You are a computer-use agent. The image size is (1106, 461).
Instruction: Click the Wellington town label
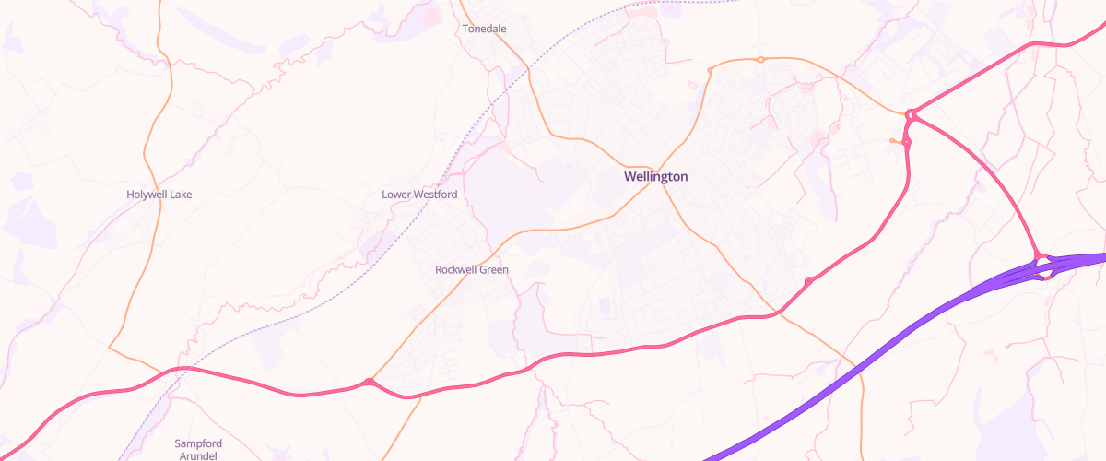pyautogui.click(x=655, y=176)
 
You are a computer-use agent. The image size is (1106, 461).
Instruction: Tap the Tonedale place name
pyautogui.click(x=484, y=29)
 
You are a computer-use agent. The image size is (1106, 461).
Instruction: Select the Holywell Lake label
pyautogui.click(x=159, y=195)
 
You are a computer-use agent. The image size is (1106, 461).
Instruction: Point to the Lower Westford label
pyautogui.click(x=419, y=195)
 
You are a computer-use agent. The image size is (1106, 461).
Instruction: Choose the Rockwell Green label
pyautogui.click(x=472, y=270)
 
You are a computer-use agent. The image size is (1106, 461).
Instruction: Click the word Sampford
pyautogui.click(x=198, y=443)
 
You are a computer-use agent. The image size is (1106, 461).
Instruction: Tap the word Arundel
pyautogui.click(x=198, y=456)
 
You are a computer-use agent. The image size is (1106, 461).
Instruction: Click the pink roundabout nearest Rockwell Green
pyautogui.click(x=369, y=382)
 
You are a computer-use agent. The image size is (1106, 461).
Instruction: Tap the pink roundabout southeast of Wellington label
pyautogui.click(x=808, y=280)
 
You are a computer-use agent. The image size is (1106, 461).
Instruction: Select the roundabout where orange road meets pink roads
pyautogui.click(x=911, y=114)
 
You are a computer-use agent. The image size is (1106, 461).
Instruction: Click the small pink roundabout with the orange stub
pyautogui.click(x=907, y=142)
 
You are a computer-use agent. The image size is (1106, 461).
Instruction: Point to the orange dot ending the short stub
pyautogui.click(x=892, y=140)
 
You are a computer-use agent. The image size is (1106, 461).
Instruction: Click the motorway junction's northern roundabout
pyautogui.click(x=1038, y=255)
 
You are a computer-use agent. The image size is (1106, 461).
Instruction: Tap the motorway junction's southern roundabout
pyautogui.click(x=1043, y=275)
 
